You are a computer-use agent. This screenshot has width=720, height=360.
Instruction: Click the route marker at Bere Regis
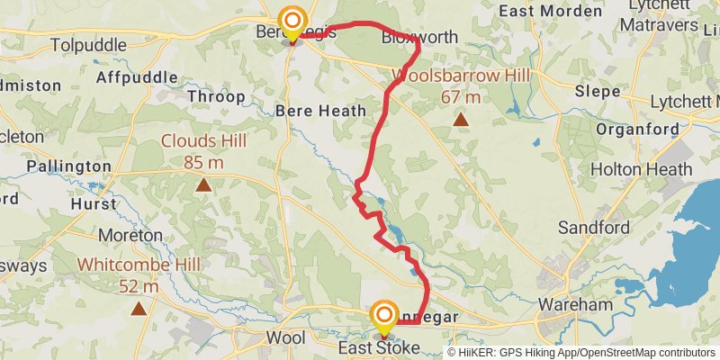point(292,22)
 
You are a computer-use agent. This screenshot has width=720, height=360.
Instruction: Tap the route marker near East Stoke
point(384,315)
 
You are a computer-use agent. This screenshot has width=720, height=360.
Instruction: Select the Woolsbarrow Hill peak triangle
point(461,119)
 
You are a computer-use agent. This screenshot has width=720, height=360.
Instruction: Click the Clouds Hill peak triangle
point(203,185)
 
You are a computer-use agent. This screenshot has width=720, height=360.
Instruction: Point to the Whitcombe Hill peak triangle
point(139,309)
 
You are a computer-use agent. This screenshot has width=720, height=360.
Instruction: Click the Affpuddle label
point(134,78)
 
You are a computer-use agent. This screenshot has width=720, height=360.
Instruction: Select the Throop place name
point(216,96)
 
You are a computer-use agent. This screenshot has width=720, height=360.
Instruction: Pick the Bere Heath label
point(321,111)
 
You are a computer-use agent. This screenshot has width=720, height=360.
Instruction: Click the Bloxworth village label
point(419,38)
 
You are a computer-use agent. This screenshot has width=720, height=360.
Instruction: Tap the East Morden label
point(550,12)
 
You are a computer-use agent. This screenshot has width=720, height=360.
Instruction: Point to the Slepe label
point(598,92)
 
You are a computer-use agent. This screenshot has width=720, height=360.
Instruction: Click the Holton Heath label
point(642,169)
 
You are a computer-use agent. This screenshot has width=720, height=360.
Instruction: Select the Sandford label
point(594,228)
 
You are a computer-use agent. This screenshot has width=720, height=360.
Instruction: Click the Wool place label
point(285,337)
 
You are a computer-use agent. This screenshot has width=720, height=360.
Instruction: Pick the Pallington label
point(68,166)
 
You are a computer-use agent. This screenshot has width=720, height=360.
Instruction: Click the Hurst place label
point(94,203)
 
